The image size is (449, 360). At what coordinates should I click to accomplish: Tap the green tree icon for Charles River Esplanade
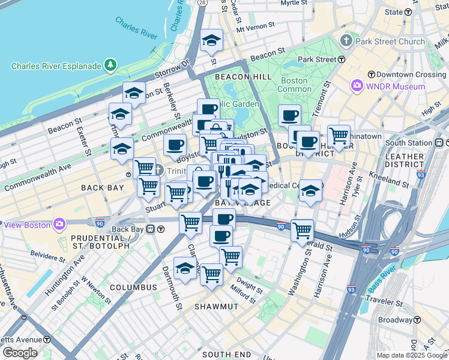coord(110,64)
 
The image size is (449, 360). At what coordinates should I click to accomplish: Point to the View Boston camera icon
coord(59,224)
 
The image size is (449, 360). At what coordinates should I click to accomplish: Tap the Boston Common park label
coord(294,85)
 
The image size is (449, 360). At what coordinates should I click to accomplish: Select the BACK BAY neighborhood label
coord(102,188)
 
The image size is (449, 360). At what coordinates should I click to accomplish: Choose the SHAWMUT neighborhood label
coord(217,306)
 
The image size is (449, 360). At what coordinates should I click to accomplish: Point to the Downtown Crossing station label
coord(406,75)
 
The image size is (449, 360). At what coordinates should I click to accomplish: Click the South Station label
coord(408,143)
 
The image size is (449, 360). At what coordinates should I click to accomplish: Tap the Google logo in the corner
coord(20,353)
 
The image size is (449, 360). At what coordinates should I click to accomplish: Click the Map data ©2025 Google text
coord(412,355)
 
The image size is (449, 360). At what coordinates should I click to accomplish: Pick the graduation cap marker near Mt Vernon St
coord(211,40)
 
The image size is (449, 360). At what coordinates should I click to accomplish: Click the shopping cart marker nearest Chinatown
coord(339,135)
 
